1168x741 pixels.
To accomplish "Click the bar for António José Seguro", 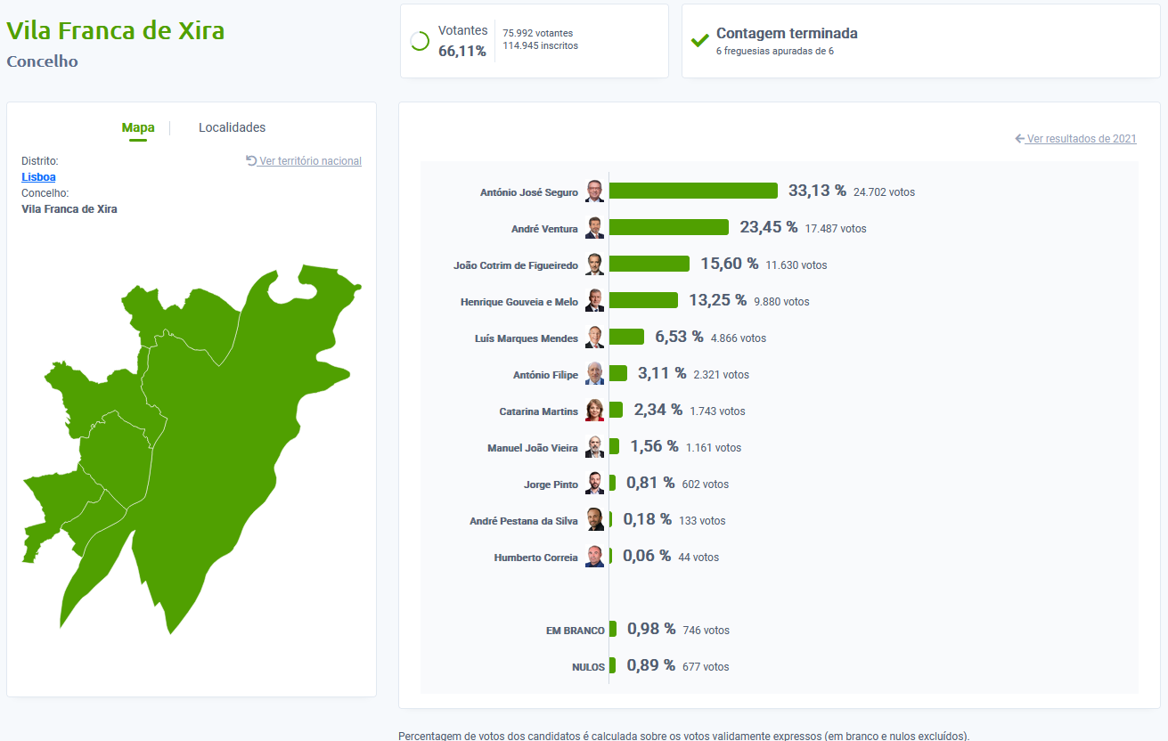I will (x=693, y=191).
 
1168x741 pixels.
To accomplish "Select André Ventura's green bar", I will (x=668, y=227).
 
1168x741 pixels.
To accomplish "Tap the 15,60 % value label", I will (x=729, y=264).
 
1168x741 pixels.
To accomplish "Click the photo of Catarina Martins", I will (x=594, y=411).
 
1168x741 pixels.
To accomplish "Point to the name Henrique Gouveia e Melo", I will (x=519, y=302).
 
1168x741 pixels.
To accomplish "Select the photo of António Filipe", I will (x=594, y=374).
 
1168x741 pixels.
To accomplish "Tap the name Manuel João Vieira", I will (x=532, y=448).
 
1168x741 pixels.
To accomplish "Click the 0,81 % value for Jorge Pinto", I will (x=650, y=483).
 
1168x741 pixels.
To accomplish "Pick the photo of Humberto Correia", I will (x=594, y=557).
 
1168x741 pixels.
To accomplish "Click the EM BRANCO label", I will (x=575, y=631).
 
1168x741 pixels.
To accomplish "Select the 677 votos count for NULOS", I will (x=706, y=667).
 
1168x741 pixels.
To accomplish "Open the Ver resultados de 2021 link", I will (x=1081, y=139).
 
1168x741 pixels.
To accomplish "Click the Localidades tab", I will (x=232, y=127).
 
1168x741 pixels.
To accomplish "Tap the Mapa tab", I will (x=138, y=127).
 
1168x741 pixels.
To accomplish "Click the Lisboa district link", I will (x=38, y=177).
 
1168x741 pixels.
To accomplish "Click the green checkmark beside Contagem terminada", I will (x=700, y=41).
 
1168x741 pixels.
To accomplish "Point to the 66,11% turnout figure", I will (x=461, y=52).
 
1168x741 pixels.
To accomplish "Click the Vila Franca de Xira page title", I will (x=116, y=30).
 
